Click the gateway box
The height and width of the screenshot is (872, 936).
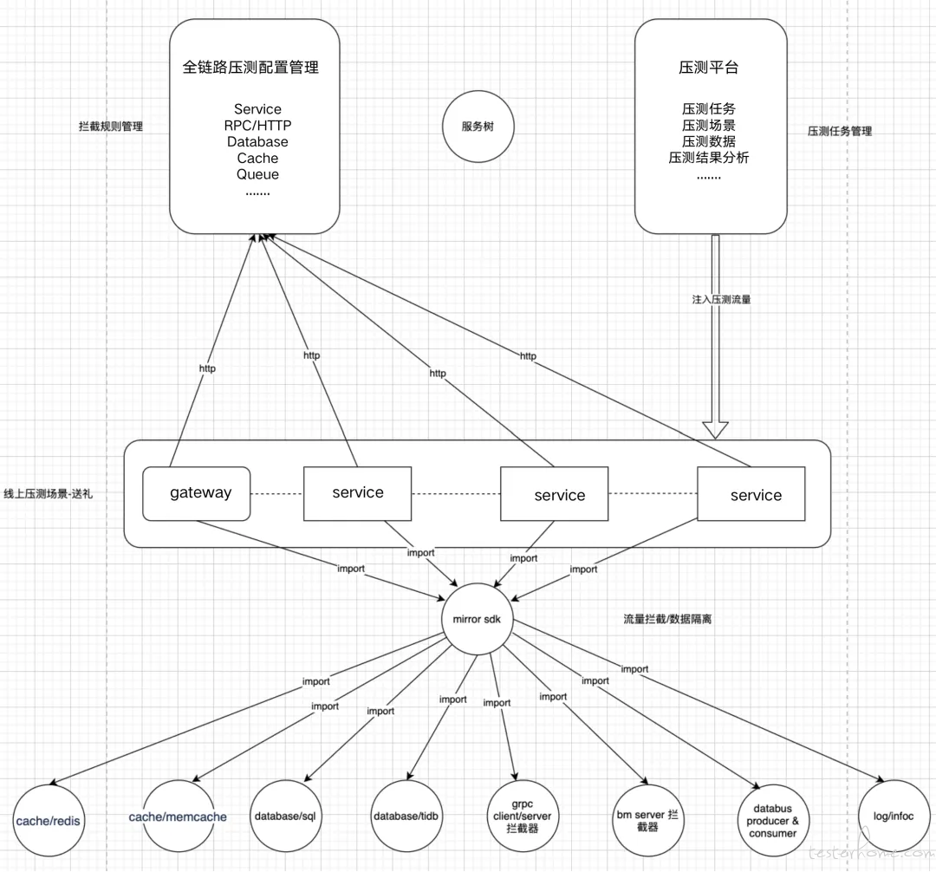tap(197, 493)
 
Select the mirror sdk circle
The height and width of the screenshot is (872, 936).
tap(477, 619)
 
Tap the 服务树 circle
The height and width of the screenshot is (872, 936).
tap(478, 127)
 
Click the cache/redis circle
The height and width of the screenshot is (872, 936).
tap(49, 821)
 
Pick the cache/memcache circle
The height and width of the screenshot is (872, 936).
tap(178, 816)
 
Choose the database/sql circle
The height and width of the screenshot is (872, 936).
tap(285, 816)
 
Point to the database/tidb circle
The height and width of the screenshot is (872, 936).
tap(406, 816)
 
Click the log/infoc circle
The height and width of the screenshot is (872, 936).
tap(894, 816)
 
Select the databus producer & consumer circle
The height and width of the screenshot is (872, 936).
tap(772, 821)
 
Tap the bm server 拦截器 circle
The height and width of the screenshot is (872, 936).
tap(647, 821)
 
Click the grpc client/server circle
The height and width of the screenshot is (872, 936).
tap(523, 816)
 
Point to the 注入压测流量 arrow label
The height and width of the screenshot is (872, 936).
tap(721, 300)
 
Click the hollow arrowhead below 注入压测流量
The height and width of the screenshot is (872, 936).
tap(715, 430)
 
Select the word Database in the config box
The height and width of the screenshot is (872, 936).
tap(257, 142)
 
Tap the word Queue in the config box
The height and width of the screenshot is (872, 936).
tap(257, 175)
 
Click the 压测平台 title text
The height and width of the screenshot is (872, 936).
tap(709, 68)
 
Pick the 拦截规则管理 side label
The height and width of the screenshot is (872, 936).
tap(111, 127)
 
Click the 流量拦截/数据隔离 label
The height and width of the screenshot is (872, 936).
tap(667, 619)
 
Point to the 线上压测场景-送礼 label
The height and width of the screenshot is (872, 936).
tap(48, 493)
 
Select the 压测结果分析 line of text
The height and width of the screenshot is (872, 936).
tap(709, 158)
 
